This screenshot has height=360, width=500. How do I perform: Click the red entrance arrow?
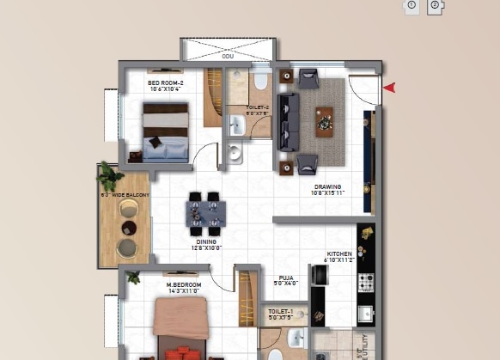click(389, 87)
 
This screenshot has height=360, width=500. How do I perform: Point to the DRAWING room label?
click(327, 187)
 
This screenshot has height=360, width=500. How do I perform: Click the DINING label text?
click(208, 244)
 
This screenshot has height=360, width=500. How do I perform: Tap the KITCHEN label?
click(339, 255)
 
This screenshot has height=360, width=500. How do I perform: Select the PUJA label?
click(287, 278)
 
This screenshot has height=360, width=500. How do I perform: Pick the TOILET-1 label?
click(280, 312)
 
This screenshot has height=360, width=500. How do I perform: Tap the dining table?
click(207, 211)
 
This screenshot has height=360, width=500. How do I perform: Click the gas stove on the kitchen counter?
click(365, 282)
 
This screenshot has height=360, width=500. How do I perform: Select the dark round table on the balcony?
click(128, 228)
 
